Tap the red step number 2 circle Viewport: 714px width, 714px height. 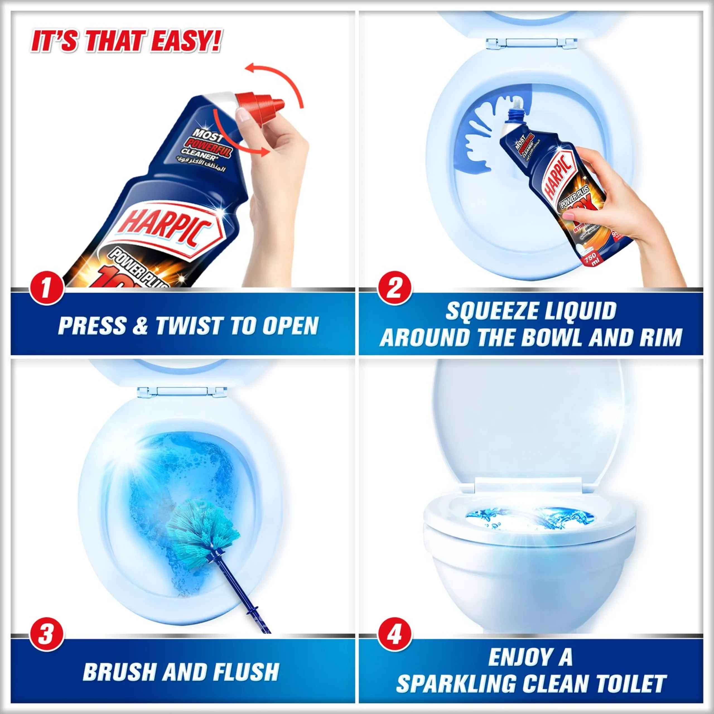tap(394, 288)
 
